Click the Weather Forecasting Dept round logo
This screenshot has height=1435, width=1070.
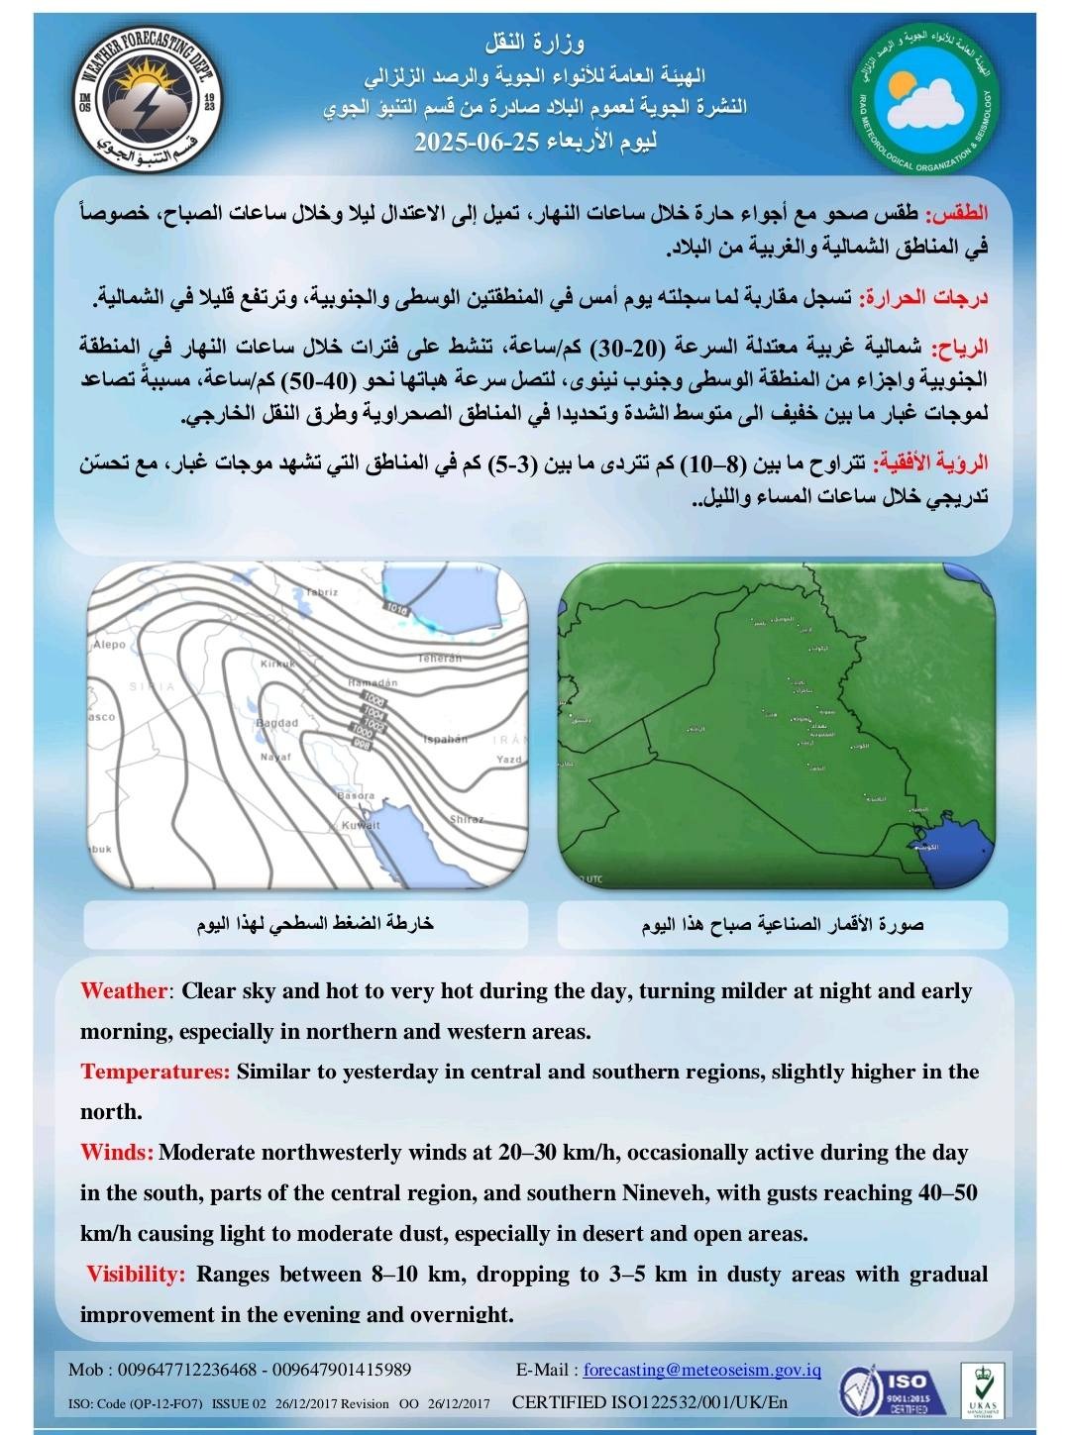[x=148, y=97]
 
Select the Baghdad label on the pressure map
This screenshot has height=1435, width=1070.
[x=276, y=723]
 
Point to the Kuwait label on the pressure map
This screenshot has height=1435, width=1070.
[x=360, y=825]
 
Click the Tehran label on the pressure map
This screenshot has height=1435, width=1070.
[x=439, y=658]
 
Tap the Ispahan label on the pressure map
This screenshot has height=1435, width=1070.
[x=445, y=739]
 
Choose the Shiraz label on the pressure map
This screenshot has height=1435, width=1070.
[x=467, y=819]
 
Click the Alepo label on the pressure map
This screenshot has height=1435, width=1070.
[x=109, y=645]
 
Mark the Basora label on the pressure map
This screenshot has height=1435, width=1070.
[x=356, y=795]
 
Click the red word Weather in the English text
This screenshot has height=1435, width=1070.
[x=124, y=991]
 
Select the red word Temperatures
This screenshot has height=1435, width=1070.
[x=155, y=1072]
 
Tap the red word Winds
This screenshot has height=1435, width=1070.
[x=116, y=1153]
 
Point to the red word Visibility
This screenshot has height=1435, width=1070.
[x=136, y=1274]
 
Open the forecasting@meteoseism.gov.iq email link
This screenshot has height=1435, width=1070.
[x=701, y=1370]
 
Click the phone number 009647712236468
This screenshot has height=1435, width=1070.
[x=185, y=1370]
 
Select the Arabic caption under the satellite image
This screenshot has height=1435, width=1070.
[x=783, y=925]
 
